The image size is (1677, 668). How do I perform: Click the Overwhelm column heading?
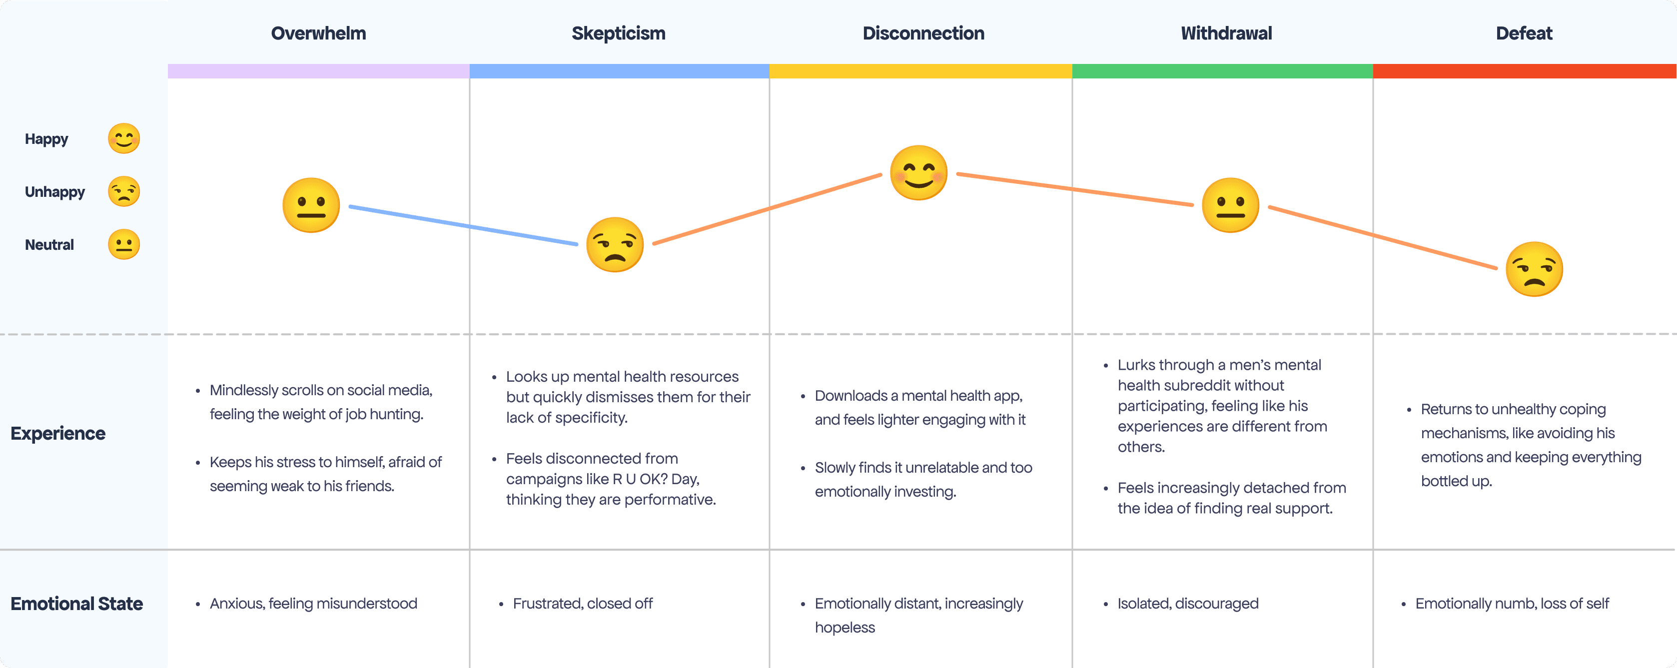318,33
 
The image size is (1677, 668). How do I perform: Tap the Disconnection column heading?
923,33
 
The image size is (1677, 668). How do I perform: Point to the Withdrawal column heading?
1226,33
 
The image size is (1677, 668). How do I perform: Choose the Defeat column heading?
1524,33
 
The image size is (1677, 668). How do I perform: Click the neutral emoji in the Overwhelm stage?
311,205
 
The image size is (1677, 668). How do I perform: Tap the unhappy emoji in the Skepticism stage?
615,245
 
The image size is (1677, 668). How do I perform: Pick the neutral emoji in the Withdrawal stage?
1230,205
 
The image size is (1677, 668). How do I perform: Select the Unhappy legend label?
54,192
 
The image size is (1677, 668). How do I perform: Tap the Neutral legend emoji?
124,245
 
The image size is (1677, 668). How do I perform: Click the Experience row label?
58,434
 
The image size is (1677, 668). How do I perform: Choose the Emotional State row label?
77,604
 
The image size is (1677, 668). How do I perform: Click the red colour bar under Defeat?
1525,71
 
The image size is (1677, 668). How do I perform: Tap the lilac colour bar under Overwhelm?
318,71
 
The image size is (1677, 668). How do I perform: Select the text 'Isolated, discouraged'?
1188,604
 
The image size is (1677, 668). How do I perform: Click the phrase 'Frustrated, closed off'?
583,604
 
